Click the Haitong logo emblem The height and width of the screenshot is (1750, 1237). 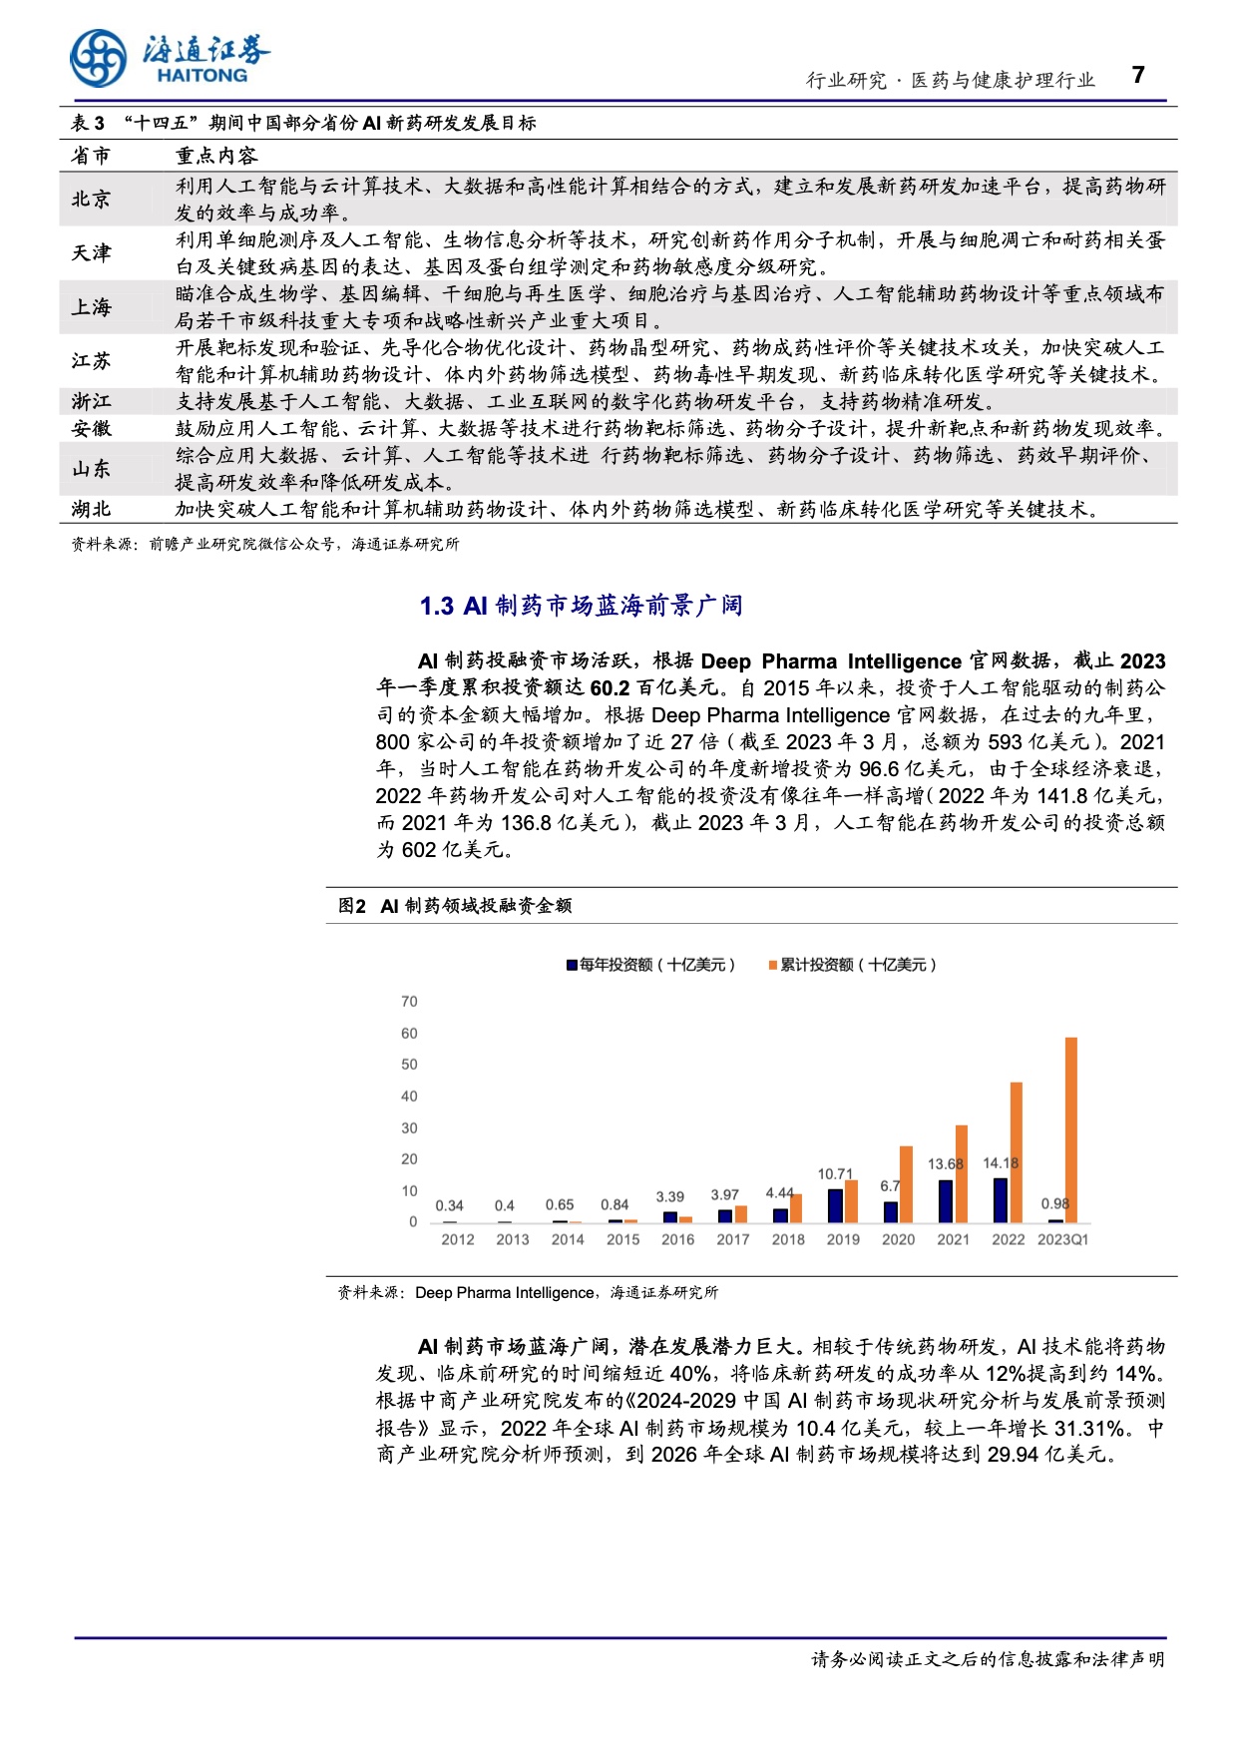tap(98, 57)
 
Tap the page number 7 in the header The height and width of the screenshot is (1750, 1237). tap(1138, 76)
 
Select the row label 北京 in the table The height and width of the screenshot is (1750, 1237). tap(91, 200)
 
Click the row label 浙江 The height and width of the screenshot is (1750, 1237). tap(91, 401)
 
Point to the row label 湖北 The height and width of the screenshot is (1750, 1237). tap(91, 509)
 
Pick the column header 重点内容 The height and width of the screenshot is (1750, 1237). tap(216, 156)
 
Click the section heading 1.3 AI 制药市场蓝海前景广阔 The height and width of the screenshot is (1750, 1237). tap(581, 606)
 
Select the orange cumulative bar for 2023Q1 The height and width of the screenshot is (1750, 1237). tap(1071, 1129)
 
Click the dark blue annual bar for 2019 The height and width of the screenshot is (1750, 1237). tap(836, 1205)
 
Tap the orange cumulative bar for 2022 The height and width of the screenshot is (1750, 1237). tap(1017, 1152)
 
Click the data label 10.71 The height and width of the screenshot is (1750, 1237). tap(835, 1173)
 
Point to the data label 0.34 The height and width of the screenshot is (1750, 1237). tap(450, 1205)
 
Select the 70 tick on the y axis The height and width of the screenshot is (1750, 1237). tap(409, 1002)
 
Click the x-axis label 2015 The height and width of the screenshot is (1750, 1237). tap(622, 1239)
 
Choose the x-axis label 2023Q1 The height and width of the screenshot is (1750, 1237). tap(1062, 1239)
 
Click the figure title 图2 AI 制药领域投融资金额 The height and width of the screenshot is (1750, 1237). tap(455, 905)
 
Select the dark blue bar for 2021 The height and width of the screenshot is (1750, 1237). tap(946, 1201)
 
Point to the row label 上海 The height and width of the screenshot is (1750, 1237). tap(91, 307)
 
